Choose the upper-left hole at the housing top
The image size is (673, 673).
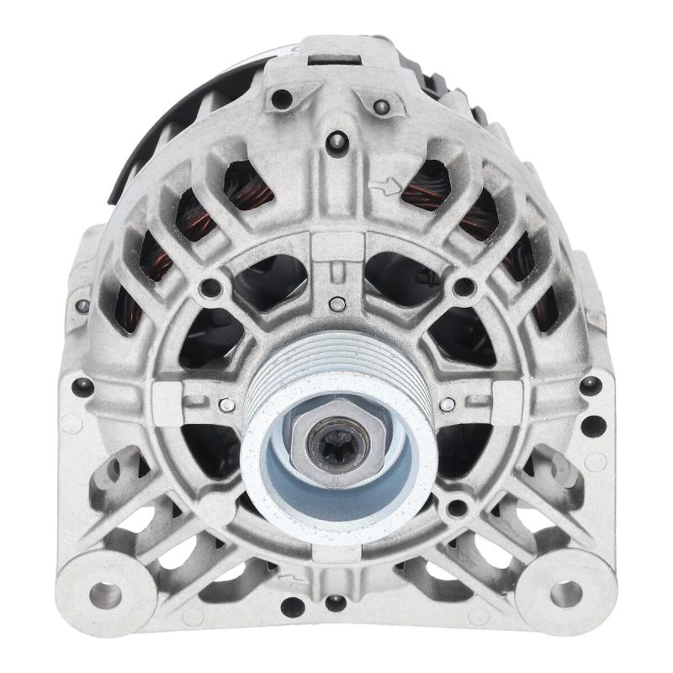[x=280, y=99]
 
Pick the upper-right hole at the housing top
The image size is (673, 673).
[x=381, y=107]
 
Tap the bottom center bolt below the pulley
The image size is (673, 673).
[x=336, y=601]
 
